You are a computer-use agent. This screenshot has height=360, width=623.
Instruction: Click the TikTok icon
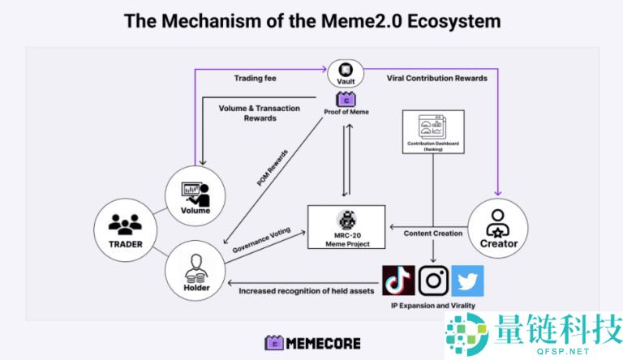click(x=398, y=281)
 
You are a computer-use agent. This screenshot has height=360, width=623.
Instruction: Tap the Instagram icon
click(x=433, y=281)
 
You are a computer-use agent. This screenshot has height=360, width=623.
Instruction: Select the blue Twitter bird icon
click(x=467, y=281)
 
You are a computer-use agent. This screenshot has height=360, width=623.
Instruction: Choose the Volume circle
click(x=195, y=195)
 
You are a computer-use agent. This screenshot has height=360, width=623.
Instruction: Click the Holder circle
click(x=195, y=272)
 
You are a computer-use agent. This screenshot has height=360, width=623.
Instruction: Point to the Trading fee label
click(x=256, y=79)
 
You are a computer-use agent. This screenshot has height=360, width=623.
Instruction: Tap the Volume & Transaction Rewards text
click(x=260, y=113)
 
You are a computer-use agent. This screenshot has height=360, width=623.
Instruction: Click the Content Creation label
click(x=433, y=234)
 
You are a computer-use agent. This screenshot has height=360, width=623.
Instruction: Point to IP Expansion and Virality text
click(x=432, y=306)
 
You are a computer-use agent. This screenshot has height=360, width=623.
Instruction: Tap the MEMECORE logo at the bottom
click(x=312, y=342)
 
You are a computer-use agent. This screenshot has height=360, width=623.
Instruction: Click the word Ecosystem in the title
click(x=446, y=20)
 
